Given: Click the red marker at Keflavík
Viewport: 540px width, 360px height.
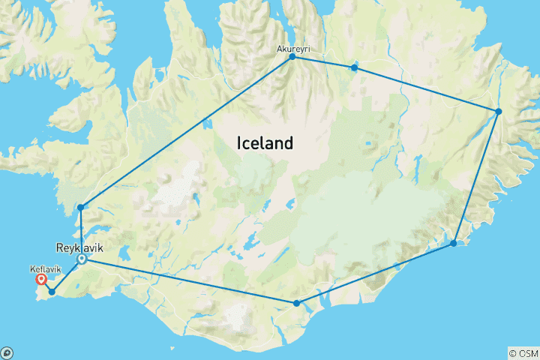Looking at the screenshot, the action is pyautogui.click(x=42, y=280).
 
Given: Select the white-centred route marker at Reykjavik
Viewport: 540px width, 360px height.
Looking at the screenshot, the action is pyautogui.click(x=82, y=259).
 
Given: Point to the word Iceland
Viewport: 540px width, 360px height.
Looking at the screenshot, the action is pyautogui.click(x=264, y=142).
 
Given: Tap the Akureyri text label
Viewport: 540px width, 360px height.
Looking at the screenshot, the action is pyautogui.click(x=293, y=48).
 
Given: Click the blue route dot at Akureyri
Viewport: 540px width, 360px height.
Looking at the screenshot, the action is pyautogui.click(x=292, y=57).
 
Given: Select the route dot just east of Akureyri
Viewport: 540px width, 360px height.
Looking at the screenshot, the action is pyautogui.click(x=354, y=68).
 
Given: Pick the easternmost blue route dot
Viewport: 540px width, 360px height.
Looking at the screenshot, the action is pyautogui.click(x=498, y=112).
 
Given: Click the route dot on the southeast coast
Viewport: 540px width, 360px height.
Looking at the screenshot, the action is pyautogui.click(x=453, y=243).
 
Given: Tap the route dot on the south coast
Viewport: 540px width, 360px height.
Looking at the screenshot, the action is pyautogui.click(x=297, y=303).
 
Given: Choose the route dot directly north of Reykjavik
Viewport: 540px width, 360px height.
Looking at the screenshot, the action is pyautogui.click(x=79, y=207).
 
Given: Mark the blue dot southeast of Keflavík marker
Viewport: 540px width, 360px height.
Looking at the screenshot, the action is pyautogui.click(x=52, y=292).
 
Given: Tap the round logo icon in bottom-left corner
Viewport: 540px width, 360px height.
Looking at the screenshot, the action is pyautogui.click(x=7, y=352).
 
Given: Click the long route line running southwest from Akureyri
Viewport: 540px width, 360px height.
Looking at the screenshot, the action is pyautogui.click(x=186, y=132).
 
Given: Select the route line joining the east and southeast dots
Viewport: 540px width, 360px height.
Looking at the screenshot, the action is pyautogui.click(x=475, y=178).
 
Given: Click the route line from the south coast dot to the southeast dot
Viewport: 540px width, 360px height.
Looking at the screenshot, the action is pyautogui.click(x=375, y=273).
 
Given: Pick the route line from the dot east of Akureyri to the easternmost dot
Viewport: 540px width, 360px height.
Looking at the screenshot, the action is pyautogui.click(x=426, y=90).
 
